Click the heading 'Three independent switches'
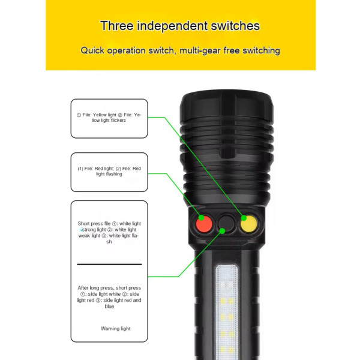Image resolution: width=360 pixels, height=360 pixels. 180,26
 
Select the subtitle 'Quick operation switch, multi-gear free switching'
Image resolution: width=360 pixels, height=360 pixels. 180,50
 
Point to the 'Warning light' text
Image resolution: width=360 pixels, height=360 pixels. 116,328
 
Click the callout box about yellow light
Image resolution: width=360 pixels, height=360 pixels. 109,118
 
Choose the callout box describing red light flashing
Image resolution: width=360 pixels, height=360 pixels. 109,172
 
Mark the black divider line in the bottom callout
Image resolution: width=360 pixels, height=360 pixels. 109,264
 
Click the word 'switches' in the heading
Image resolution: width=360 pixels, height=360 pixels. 238,26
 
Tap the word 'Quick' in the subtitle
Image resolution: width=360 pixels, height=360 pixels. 92,50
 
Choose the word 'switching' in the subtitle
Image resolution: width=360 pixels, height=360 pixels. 259,50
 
